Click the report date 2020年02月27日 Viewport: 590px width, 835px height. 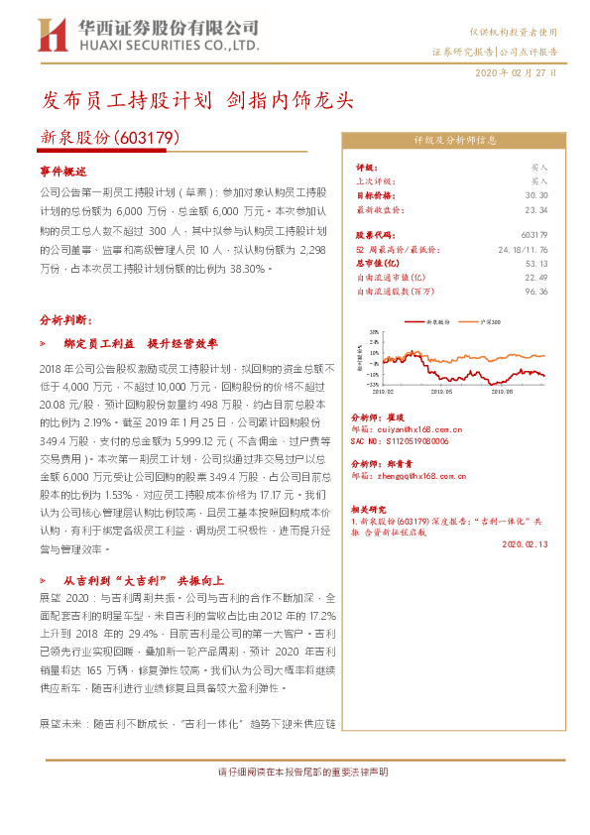tap(516, 73)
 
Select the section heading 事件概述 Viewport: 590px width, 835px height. tap(63, 172)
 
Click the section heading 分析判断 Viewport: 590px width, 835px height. tap(65, 320)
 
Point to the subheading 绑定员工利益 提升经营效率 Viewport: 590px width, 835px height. tap(140, 343)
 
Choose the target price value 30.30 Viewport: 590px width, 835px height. tap(536, 195)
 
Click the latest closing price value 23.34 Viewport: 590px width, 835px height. tap(536, 210)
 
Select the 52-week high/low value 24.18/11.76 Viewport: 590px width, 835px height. tap(525, 250)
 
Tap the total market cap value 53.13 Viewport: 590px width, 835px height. tap(536, 264)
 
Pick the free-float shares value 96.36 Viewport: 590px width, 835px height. tap(536, 292)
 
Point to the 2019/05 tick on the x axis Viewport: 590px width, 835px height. tap(439, 393)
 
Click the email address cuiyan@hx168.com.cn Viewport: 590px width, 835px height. tap(415, 432)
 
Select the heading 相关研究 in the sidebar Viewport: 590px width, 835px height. tap(369, 508)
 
